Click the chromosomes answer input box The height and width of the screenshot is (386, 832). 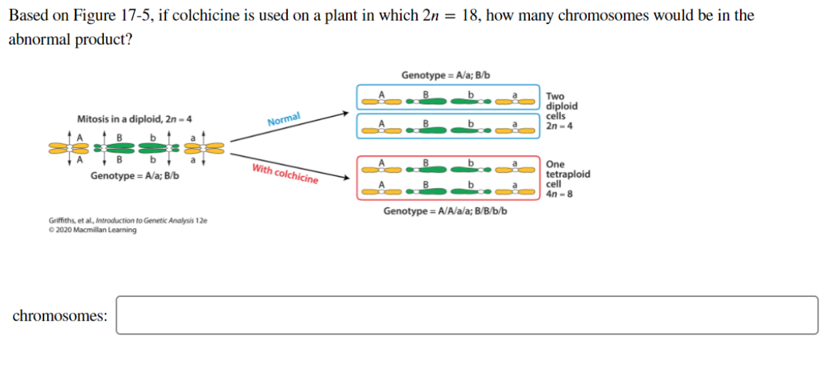pyautogui.click(x=467, y=315)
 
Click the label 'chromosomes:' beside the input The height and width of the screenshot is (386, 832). pyautogui.click(x=61, y=315)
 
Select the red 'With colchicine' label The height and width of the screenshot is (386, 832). pyautogui.click(x=284, y=174)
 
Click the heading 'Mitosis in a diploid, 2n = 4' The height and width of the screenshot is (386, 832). pyautogui.click(x=134, y=119)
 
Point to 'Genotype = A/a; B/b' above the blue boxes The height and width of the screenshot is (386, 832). pyautogui.click(x=445, y=75)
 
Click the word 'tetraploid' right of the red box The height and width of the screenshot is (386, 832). pyautogui.click(x=568, y=174)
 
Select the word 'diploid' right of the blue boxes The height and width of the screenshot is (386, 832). pyautogui.click(x=562, y=106)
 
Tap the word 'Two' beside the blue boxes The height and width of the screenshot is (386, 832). pyautogui.click(x=555, y=96)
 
